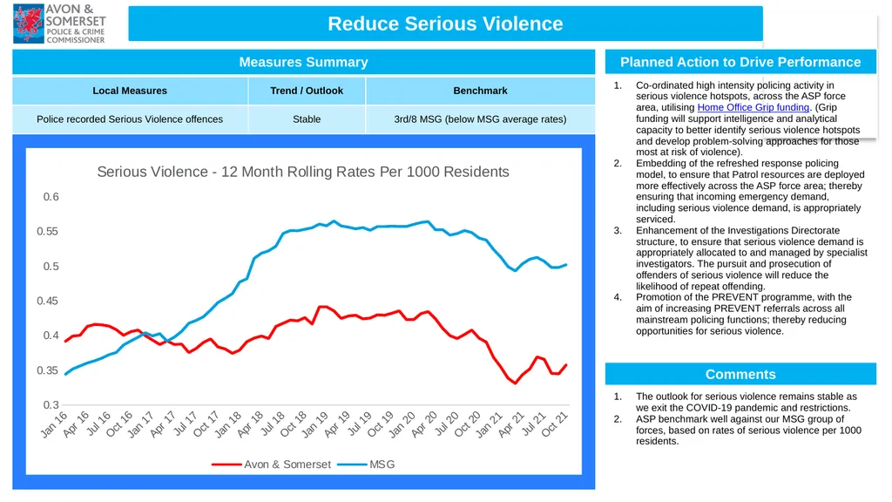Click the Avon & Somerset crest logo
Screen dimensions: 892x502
coord(29,24)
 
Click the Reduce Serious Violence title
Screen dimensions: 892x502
coord(445,24)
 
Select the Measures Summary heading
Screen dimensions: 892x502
coord(303,62)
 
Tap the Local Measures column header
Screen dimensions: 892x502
coord(130,91)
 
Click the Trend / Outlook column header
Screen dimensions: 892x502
coord(307,91)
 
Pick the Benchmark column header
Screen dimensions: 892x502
coord(480,91)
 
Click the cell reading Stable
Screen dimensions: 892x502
coord(307,119)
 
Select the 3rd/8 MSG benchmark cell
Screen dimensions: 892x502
coord(480,119)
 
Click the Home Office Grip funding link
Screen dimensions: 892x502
coord(753,107)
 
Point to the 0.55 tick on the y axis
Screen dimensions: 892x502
coord(47,232)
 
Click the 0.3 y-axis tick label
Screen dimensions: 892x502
coord(51,405)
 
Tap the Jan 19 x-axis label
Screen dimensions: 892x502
coord(314,425)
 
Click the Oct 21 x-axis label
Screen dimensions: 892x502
coord(555,424)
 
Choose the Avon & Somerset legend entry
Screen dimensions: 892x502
coord(271,465)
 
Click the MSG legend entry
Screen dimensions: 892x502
coord(366,465)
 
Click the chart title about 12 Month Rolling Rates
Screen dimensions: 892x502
coord(302,172)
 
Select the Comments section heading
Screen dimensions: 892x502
coord(740,375)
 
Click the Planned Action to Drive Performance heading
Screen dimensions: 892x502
coord(740,62)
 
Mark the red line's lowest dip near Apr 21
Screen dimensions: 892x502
coord(516,383)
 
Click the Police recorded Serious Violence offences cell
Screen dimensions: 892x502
coord(130,119)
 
